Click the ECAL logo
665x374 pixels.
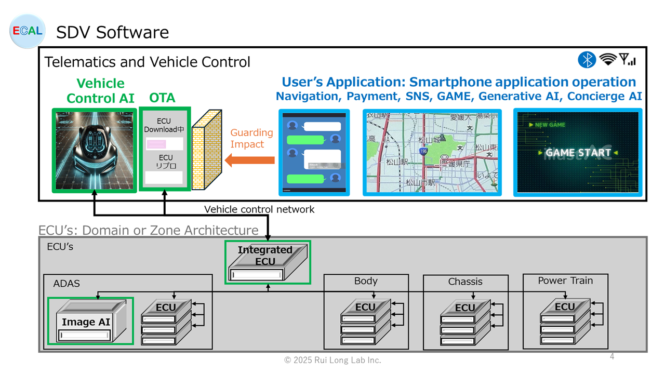click(28, 31)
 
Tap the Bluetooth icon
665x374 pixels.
click(587, 60)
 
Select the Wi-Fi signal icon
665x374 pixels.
click(607, 59)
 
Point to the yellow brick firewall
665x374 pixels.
click(207, 150)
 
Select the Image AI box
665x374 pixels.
click(90, 321)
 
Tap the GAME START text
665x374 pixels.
click(578, 153)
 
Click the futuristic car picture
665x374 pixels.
click(94, 150)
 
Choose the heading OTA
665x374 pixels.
click(162, 98)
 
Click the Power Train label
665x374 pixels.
click(565, 280)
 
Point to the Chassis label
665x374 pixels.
click(465, 282)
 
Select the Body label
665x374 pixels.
click(366, 281)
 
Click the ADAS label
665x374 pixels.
click(66, 284)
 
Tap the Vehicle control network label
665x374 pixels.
click(259, 209)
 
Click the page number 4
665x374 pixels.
click(612, 356)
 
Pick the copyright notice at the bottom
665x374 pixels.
click(332, 360)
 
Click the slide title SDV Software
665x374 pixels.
click(112, 32)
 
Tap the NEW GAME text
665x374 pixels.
click(550, 125)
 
